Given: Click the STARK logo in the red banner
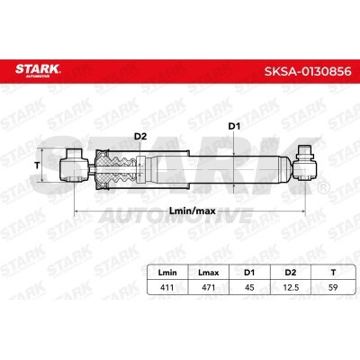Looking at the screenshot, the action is pos(38,70).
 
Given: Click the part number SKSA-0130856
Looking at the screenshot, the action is pos(308,71).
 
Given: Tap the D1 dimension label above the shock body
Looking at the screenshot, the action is pos(234,127).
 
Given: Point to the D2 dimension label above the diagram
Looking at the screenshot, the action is pos(140,137).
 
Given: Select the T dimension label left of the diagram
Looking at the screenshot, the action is pos(37,165).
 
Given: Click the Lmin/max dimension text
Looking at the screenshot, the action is pos(193,211).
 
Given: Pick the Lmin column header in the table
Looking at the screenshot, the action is pos(167,273).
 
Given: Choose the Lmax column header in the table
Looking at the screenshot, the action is pos(209,273).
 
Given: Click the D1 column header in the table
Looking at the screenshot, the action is pos(249,273).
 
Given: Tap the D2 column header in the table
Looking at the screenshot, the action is pos(291,273).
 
